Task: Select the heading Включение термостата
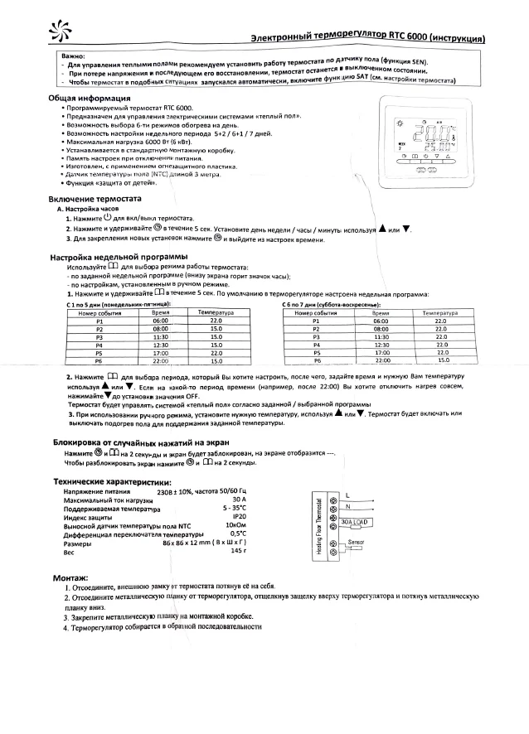pyautogui.click(x=95, y=200)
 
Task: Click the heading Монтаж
pyautogui.click(x=71, y=577)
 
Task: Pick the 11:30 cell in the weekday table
pyautogui.click(x=161, y=338)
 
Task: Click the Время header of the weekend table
pyautogui.click(x=381, y=313)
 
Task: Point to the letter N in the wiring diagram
pyautogui.click(x=348, y=507)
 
